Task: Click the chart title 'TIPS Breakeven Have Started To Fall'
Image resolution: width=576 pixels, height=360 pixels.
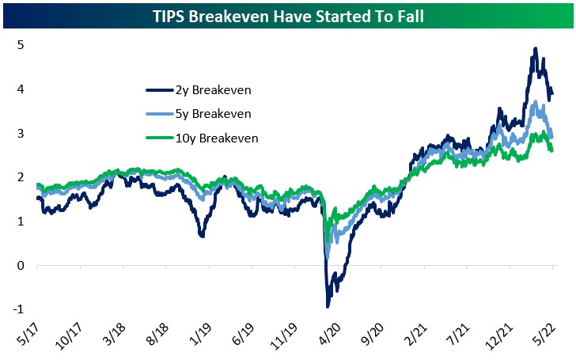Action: coord(287,13)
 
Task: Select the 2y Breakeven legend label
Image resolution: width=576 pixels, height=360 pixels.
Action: coord(209,90)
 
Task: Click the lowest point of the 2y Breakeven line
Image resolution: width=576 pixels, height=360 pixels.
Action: coord(328,307)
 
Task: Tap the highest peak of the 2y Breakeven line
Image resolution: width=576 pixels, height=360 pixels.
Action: coord(536,49)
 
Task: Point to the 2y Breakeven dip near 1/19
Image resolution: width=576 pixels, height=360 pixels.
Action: coord(203,236)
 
